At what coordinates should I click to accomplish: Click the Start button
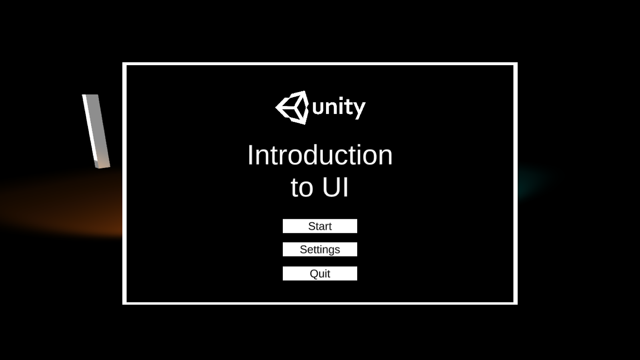pyautogui.click(x=320, y=226)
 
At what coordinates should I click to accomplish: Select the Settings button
pyautogui.click(x=320, y=250)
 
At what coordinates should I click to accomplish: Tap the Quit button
pyautogui.click(x=320, y=274)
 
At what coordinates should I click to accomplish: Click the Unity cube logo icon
pyautogui.click(x=292, y=108)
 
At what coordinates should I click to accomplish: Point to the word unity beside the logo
pyautogui.click(x=339, y=108)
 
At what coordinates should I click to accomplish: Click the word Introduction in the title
pyautogui.click(x=320, y=155)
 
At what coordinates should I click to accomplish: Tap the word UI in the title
pyautogui.click(x=336, y=187)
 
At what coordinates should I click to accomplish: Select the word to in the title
pyautogui.click(x=302, y=188)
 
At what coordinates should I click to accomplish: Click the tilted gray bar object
pyautogui.click(x=96, y=131)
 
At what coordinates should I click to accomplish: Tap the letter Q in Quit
pyautogui.click(x=314, y=274)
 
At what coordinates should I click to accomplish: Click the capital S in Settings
pyautogui.click(x=304, y=250)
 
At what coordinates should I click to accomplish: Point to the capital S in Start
pyautogui.click(x=312, y=226)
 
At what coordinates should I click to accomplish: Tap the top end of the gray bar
pyautogui.click(x=90, y=95)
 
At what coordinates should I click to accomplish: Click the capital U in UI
pyautogui.click(x=332, y=187)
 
